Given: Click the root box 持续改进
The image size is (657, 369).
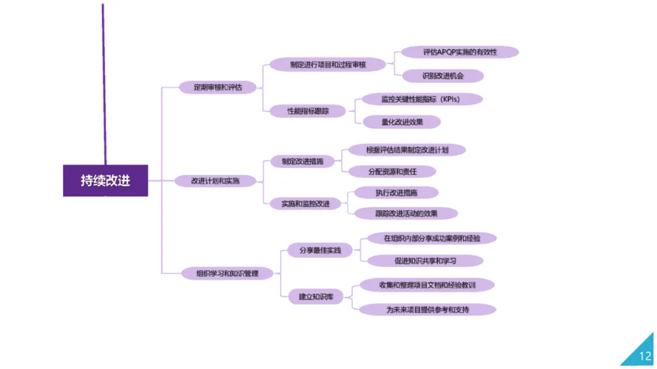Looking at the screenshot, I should click(x=105, y=181).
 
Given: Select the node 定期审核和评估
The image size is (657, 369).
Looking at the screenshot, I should click(x=218, y=88).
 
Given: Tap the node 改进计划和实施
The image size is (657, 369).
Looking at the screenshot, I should click(x=215, y=181).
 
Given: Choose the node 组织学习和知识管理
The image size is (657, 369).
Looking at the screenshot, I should click(x=228, y=274).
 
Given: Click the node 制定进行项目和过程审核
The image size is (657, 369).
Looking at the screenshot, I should click(x=328, y=64).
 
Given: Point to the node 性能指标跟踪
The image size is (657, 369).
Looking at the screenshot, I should click(x=307, y=111).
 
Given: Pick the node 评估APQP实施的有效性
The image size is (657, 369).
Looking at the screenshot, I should click(x=460, y=52).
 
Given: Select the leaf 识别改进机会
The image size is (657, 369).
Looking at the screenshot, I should click(x=443, y=76).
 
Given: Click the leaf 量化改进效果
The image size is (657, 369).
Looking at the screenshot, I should click(x=401, y=122).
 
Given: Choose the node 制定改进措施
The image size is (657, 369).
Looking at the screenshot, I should click(x=302, y=162).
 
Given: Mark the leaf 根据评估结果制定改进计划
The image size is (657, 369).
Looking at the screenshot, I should click(x=407, y=150).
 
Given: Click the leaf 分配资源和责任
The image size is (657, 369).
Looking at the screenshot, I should click(x=392, y=171).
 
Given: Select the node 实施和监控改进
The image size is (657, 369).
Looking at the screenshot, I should click(x=305, y=204).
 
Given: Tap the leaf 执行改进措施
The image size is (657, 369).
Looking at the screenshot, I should click(x=398, y=193).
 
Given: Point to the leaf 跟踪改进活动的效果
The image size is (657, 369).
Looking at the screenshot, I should click(x=406, y=213).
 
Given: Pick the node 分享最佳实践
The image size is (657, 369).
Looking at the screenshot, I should click(x=319, y=250).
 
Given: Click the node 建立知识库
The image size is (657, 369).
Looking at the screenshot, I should click(x=316, y=297).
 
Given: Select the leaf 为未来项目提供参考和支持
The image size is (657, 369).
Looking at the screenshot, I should click(x=428, y=309).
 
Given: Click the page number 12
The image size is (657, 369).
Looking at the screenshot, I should click(x=645, y=356).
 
